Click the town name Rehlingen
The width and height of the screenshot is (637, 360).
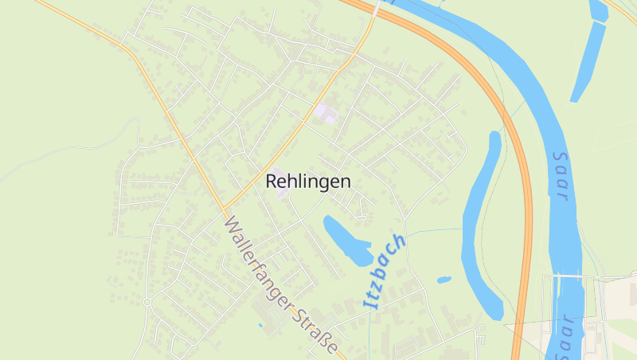point(307,182)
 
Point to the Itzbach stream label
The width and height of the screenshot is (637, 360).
point(385,271)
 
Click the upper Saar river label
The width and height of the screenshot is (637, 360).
point(561,177)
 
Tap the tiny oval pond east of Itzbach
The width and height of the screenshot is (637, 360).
point(444,280)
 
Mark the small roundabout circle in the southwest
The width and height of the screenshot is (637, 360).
point(147,302)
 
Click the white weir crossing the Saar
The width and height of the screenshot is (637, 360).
point(571,276)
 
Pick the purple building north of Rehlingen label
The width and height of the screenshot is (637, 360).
point(326,113)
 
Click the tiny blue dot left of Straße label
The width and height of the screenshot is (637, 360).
point(260,325)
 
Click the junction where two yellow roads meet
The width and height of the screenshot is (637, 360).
point(226,209)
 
